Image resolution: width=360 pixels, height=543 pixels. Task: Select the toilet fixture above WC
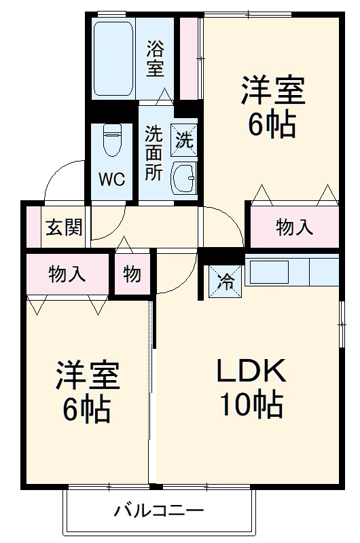pyautogui.click(x=111, y=141)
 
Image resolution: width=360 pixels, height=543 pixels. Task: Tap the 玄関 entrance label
pyautogui.click(x=64, y=227)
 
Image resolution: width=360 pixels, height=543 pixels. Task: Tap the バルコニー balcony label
pyautogui.click(x=158, y=510)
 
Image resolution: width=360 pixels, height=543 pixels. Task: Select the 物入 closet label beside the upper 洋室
pyautogui.click(x=295, y=227)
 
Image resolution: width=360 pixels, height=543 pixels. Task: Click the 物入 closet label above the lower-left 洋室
pyautogui.click(x=67, y=274)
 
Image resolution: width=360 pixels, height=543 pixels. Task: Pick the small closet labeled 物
pyautogui.click(x=132, y=274)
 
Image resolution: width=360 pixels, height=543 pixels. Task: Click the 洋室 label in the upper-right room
pyautogui.click(x=272, y=92)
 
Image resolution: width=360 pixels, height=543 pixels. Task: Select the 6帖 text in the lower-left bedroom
pyautogui.click(x=87, y=410)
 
